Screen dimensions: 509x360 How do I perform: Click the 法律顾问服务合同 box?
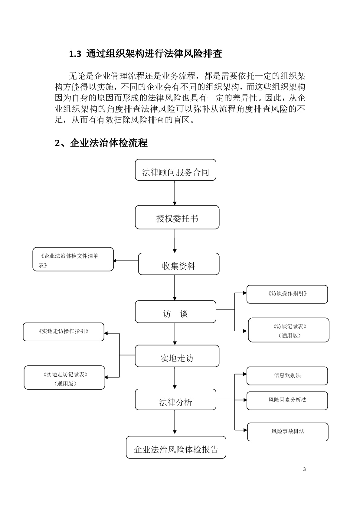pyautogui.click(x=175, y=170)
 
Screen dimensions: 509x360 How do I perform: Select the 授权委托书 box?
pyautogui.click(x=177, y=217)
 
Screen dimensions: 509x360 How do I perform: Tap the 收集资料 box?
pyautogui.click(x=178, y=264)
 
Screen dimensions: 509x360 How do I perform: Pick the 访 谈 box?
pyautogui.click(x=175, y=312)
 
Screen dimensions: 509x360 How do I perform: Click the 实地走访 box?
pyautogui.click(x=177, y=356)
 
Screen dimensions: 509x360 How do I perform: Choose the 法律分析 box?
pyautogui.click(x=175, y=400)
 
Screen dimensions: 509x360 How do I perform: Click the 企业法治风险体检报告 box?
pyautogui.click(x=176, y=447)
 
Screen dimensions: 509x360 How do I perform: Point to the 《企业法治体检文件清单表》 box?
pyautogui.click(x=73, y=259)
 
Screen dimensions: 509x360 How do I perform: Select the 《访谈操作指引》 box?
pyautogui.click(x=287, y=294)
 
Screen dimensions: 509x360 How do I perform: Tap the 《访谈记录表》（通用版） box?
pyautogui.click(x=289, y=330)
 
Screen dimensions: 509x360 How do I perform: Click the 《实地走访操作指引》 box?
pyautogui.click(x=64, y=332)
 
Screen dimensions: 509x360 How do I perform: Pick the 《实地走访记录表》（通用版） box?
pyautogui.click(x=64, y=378)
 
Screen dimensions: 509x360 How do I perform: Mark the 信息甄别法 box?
pyautogui.click(x=287, y=376)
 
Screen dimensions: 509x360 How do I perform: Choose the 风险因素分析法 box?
pyautogui.click(x=287, y=401)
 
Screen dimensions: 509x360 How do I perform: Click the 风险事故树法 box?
pyautogui.click(x=288, y=432)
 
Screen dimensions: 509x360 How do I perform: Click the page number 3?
pyautogui.click(x=304, y=469)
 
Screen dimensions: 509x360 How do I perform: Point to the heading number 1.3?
pyautogui.click(x=75, y=54)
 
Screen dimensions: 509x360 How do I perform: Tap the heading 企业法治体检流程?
pyautogui.click(x=109, y=143)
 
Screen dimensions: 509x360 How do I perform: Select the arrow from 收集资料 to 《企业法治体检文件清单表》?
pyautogui.click(x=126, y=261)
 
